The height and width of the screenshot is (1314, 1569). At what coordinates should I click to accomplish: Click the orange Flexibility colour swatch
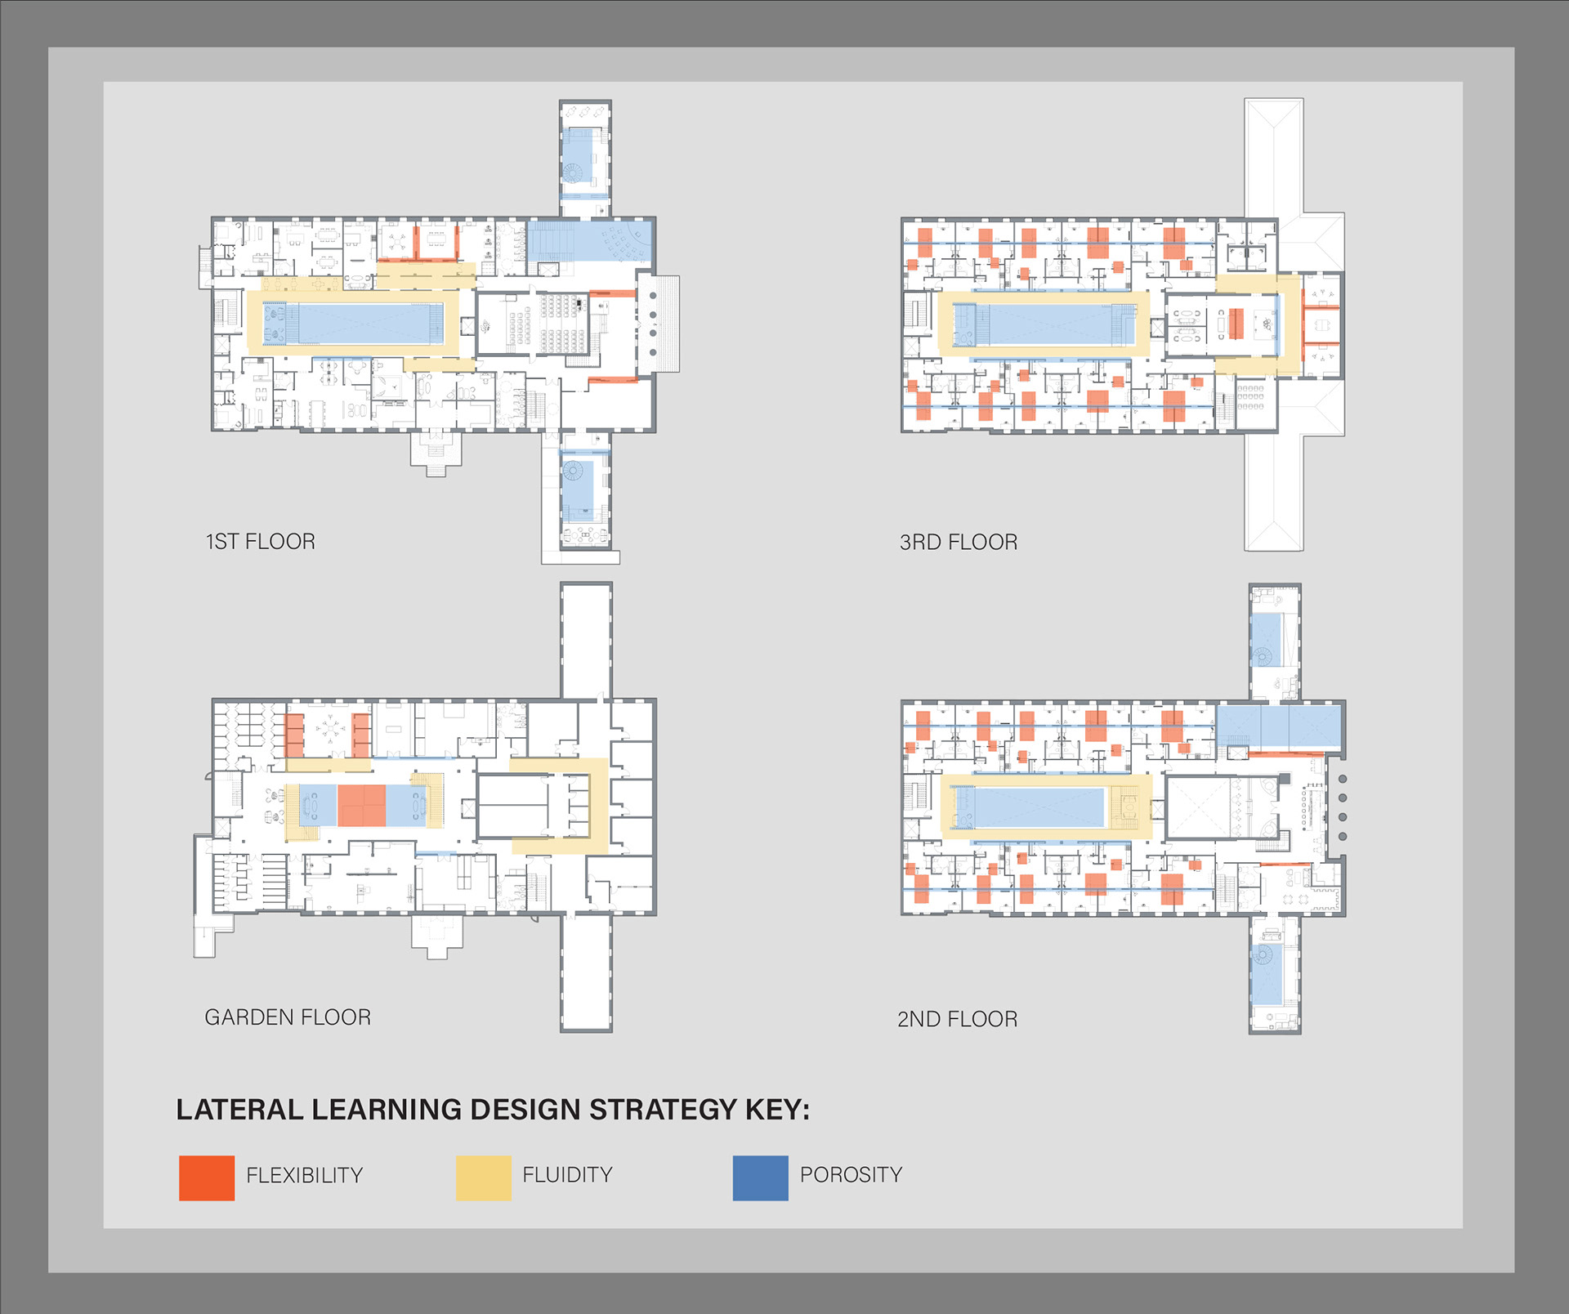click(207, 1178)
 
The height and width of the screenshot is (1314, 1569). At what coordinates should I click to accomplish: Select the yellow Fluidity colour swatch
click(483, 1178)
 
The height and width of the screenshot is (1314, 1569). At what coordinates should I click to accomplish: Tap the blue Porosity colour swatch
click(760, 1178)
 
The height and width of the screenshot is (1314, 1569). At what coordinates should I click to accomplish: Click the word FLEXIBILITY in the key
click(304, 1175)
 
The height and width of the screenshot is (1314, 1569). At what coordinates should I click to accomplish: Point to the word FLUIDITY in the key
click(567, 1174)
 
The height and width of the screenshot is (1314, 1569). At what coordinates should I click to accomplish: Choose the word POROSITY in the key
click(851, 1174)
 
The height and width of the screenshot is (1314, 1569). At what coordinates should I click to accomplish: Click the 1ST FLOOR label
click(260, 542)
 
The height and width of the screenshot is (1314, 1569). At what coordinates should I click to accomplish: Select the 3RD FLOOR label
click(958, 543)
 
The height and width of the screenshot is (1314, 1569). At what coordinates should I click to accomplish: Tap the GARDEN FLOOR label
click(288, 1017)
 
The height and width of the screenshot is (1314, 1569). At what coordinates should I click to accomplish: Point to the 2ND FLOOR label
click(957, 1019)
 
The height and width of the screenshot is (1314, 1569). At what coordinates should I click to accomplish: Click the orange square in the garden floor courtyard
click(361, 806)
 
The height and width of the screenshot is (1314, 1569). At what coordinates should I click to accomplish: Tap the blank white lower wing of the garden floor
click(586, 972)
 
